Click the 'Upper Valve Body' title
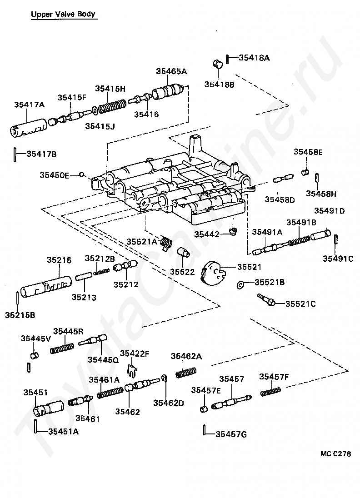point(63,14)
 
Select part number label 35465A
point(171,71)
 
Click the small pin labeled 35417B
point(15,154)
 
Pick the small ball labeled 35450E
point(82,174)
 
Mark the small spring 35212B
point(101,272)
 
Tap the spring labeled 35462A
point(186,373)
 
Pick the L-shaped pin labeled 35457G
point(205,430)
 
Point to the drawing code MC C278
point(335,453)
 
